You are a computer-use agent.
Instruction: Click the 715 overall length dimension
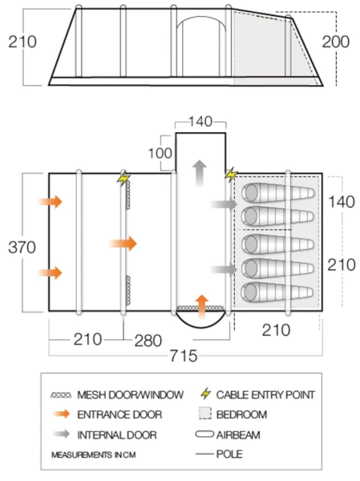pyautogui.click(x=184, y=356)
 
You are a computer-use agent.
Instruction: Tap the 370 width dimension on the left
pyautogui.click(x=22, y=247)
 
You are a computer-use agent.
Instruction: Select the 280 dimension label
pyautogui.click(x=148, y=341)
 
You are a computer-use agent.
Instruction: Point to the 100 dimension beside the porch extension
pyautogui.click(x=160, y=153)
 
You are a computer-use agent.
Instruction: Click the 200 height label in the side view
pyautogui.click(x=335, y=42)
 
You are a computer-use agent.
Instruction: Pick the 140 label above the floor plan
pyautogui.click(x=200, y=122)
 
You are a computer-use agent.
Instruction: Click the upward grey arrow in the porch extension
pyautogui.click(x=200, y=173)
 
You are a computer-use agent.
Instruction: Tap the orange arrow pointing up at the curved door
pyautogui.click(x=202, y=307)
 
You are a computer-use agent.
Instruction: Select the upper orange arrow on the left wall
pyautogui.click(x=50, y=201)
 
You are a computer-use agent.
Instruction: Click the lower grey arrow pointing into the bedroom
pyautogui.click(x=224, y=269)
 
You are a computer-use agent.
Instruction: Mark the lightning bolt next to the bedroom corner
pyautogui.click(x=231, y=175)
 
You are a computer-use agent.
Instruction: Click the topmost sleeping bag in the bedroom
pyautogui.click(x=277, y=193)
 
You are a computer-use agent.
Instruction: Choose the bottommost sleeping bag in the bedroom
pyautogui.click(x=277, y=292)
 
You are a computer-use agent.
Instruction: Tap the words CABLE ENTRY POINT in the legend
pyautogui.click(x=265, y=394)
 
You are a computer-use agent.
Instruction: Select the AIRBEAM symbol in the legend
pyautogui.click(x=204, y=435)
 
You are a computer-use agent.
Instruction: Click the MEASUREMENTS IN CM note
pyautogui.click(x=94, y=455)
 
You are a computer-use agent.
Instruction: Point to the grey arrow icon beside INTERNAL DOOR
pyautogui.click(x=62, y=434)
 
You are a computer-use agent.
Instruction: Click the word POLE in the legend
pyautogui.click(x=229, y=454)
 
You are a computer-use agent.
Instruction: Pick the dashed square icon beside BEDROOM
pyautogui.click(x=204, y=413)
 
